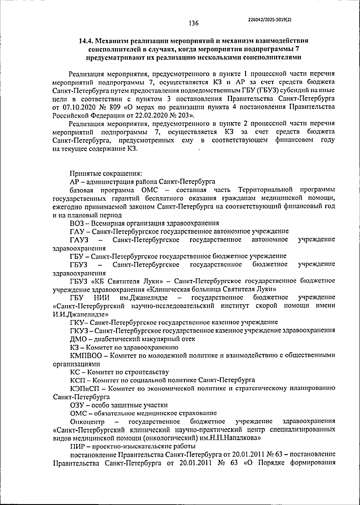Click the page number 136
193,23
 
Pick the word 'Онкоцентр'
87,422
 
